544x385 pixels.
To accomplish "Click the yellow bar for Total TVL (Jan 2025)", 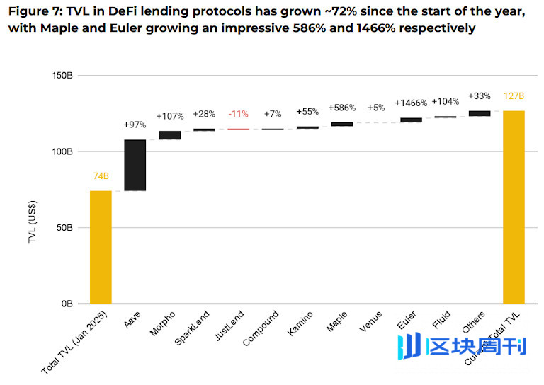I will coord(101,247).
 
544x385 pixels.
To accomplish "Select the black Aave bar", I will coord(135,165).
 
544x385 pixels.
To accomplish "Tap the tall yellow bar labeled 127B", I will coord(514,207).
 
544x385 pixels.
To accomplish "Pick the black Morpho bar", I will coord(169,135).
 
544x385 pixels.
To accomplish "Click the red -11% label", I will coord(238,114).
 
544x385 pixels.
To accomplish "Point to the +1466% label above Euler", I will coord(411,103).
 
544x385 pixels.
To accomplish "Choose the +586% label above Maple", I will coord(341,108).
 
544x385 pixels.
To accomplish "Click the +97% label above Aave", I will coord(135,125).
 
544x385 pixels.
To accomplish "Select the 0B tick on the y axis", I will coord(67,304).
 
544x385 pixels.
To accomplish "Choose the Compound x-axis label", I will coord(259,330).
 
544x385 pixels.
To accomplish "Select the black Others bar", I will coord(480,113).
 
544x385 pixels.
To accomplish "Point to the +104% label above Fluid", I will coord(446,102).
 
